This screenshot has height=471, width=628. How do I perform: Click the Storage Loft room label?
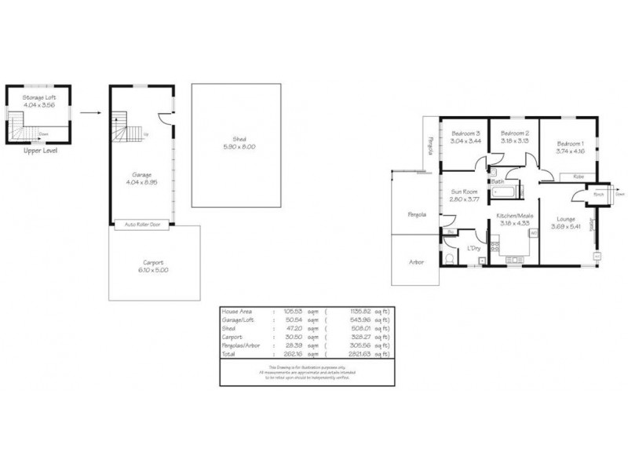(39, 97)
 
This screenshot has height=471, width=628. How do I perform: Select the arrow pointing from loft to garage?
(91, 112)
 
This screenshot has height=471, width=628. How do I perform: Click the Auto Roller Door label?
(142, 224)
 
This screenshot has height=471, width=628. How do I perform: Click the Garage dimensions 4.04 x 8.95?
(142, 182)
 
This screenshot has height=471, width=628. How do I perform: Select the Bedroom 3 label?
(465, 133)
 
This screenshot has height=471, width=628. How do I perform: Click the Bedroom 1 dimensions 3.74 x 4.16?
(569, 152)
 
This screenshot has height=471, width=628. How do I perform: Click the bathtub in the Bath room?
(502, 191)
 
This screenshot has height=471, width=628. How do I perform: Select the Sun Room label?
(465, 191)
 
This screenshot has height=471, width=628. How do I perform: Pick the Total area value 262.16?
(295, 354)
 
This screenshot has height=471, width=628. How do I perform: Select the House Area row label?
(239, 311)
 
